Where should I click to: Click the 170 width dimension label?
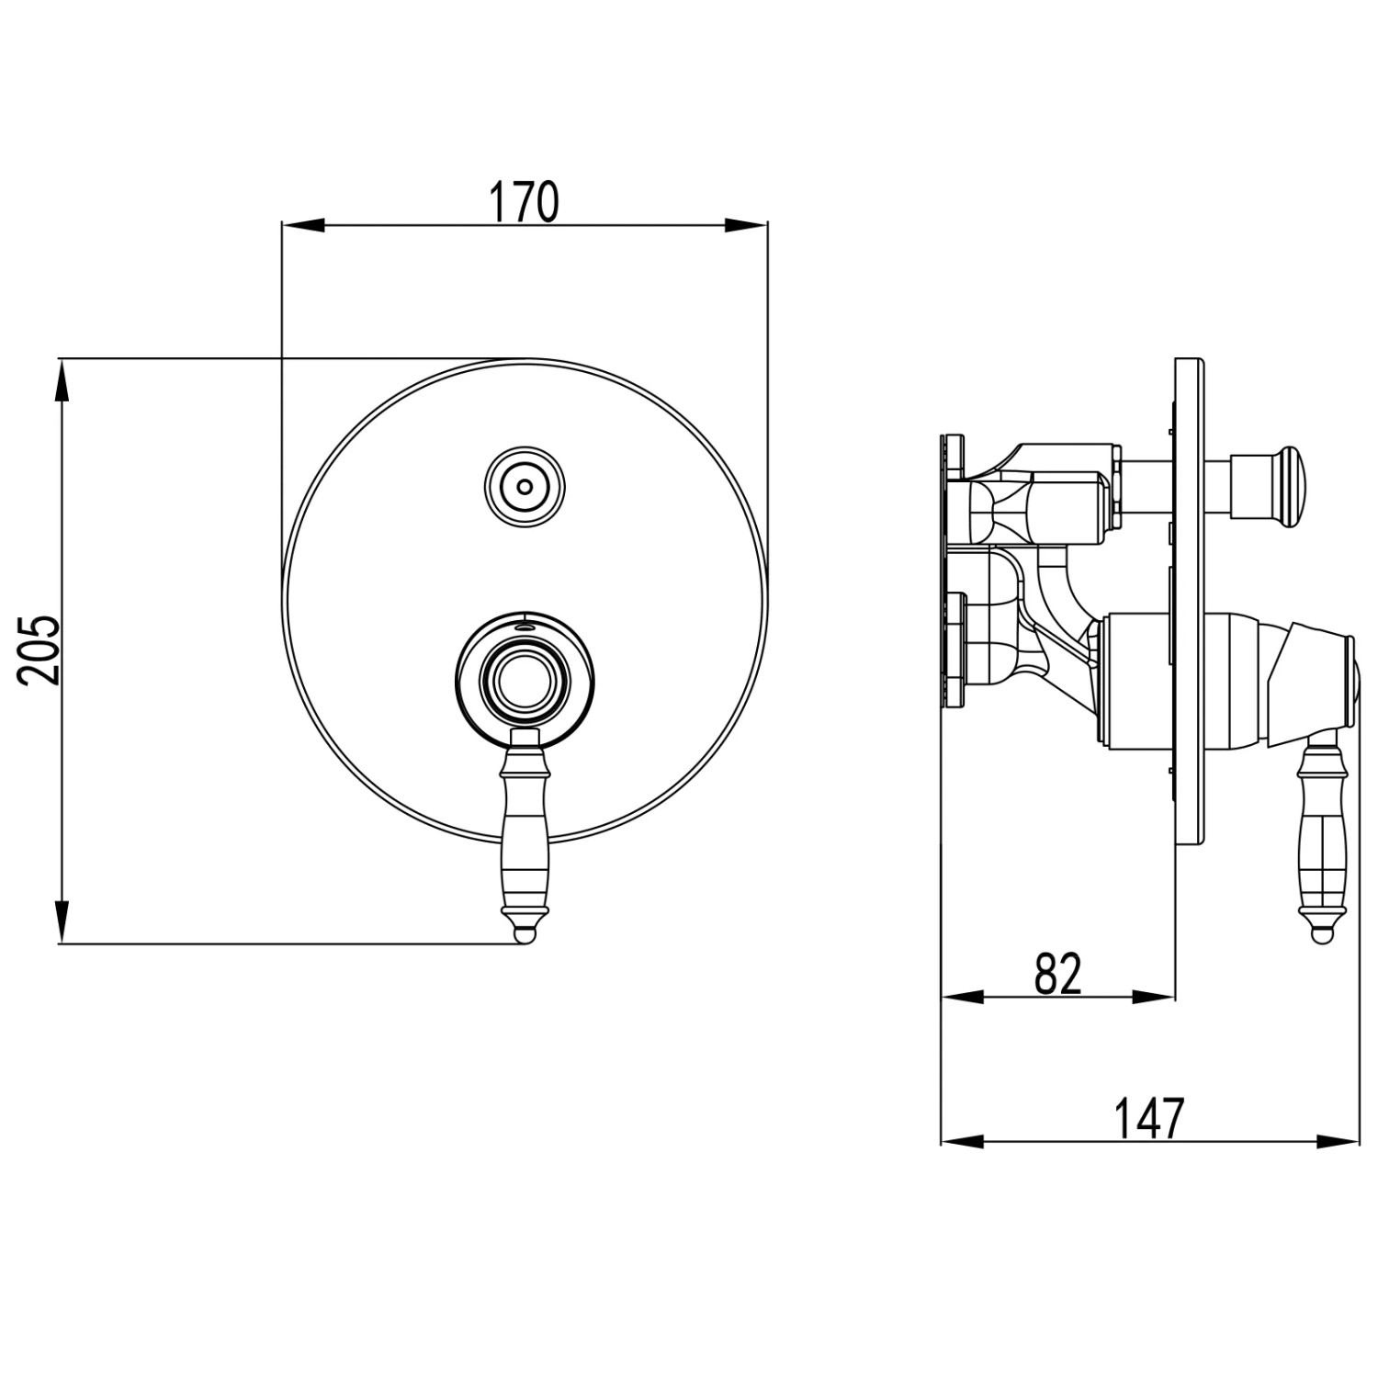click(x=523, y=203)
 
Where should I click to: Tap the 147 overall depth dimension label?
click(x=1148, y=1118)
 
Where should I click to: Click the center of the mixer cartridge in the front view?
click(x=524, y=681)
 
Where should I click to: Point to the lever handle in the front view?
click(x=524, y=836)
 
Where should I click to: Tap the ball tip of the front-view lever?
click(x=524, y=933)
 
